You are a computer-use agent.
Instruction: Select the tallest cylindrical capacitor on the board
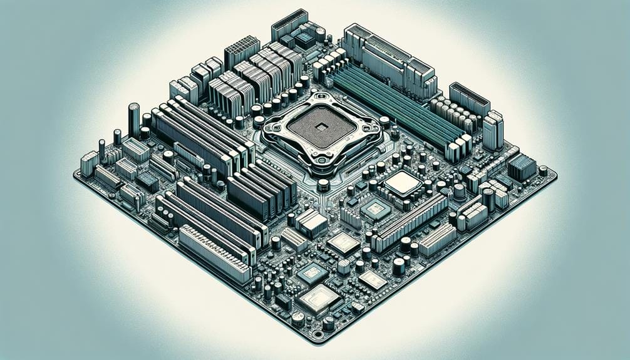pyautogui.click(x=133, y=120)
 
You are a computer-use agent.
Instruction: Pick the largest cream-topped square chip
pyautogui.click(x=402, y=182)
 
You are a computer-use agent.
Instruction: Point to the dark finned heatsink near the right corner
pyautogui.click(x=522, y=167)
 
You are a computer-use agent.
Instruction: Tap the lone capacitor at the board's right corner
pyautogui.click(x=542, y=170)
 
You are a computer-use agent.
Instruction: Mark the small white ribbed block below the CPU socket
pyautogui.click(x=311, y=222)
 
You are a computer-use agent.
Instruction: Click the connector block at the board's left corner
pyautogui.click(x=89, y=163)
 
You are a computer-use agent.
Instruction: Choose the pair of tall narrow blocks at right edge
pyautogui.click(x=493, y=130)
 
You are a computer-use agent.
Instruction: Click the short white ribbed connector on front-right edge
pyautogui.click(x=436, y=240)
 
